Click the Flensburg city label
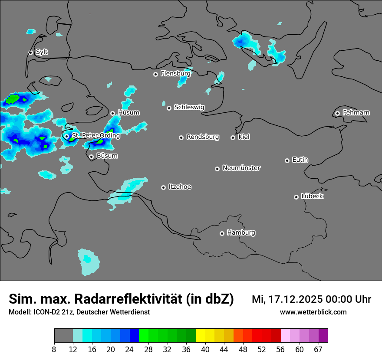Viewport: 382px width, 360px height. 175,74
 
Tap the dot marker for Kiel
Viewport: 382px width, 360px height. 233,137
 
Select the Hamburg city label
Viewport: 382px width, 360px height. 241,233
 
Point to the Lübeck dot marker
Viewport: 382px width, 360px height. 296,197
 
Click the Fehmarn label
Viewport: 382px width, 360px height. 356,113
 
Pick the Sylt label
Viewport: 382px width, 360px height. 42,52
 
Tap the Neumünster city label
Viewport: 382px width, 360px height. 241,168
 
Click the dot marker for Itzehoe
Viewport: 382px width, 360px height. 163,187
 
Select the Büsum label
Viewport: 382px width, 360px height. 107,156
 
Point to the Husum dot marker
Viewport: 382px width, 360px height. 112,113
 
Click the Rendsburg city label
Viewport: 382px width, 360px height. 203,137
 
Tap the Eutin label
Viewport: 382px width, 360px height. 300,160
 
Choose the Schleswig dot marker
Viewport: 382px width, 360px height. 169,108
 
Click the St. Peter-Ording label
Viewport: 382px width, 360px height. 95,136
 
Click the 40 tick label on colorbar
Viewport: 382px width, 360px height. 205,350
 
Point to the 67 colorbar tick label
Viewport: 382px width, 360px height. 318,350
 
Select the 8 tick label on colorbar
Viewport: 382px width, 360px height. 54,350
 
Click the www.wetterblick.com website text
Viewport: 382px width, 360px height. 313,312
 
